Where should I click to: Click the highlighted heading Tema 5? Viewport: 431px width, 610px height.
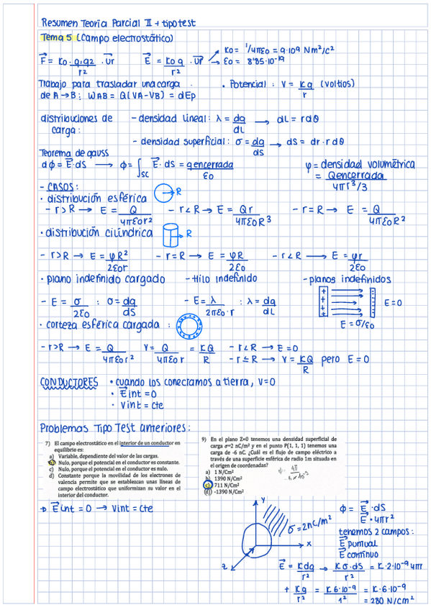54,37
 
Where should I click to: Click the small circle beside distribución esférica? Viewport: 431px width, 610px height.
163,192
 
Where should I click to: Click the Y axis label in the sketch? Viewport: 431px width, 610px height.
263,499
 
